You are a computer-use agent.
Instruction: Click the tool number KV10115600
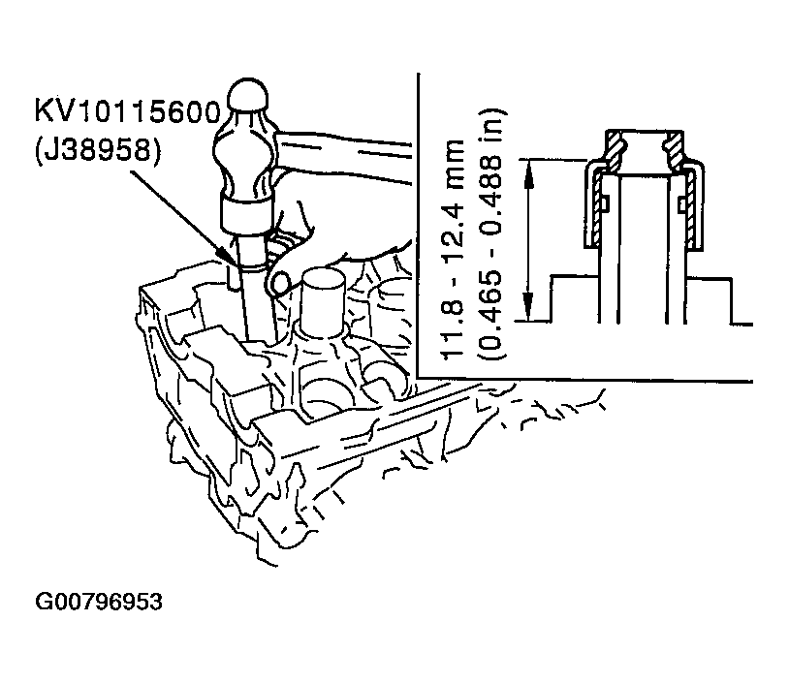pyautogui.click(x=128, y=111)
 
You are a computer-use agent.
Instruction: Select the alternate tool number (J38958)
pyautogui.click(x=98, y=149)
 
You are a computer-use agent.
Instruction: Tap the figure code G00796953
pyautogui.click(x=99, y=602)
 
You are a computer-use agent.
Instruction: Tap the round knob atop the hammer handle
pyautogui.click(x=248, y=97)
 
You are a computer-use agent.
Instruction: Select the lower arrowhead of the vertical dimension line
pyautogui.click(x=527, y=307)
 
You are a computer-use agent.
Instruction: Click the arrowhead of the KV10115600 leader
pyautogui.click(x=225, y=255)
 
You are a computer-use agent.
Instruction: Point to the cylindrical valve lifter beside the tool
pyautogui.click(x=323, y=301)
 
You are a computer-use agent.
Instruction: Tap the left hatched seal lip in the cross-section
pyautogui.click(x=615, y=149)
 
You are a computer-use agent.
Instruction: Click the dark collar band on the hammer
pyautogui.click(x=246, y=213)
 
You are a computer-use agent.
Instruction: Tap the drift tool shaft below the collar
pyautogui.click(x=257, y=296)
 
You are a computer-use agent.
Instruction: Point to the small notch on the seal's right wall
pyautogui.click(x=682, y=204)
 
